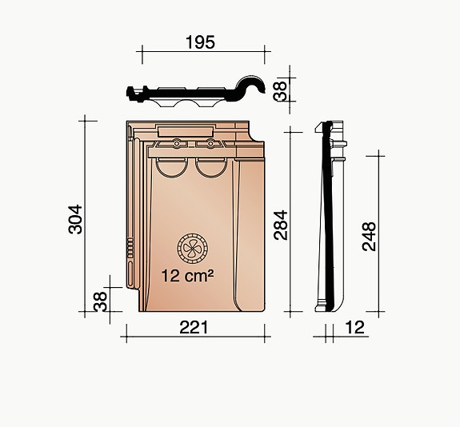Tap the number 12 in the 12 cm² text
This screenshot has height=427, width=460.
[x=172, y=276]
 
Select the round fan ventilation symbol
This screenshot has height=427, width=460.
[x=192, y=249]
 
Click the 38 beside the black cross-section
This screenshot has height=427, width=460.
[x=280, y=90]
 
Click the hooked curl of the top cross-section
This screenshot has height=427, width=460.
[x=258, y=86]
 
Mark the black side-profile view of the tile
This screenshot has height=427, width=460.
[x=326, y=216]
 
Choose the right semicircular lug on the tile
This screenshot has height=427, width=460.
[x=210, y=166]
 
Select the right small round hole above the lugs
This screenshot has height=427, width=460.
[x=210, y=144]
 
